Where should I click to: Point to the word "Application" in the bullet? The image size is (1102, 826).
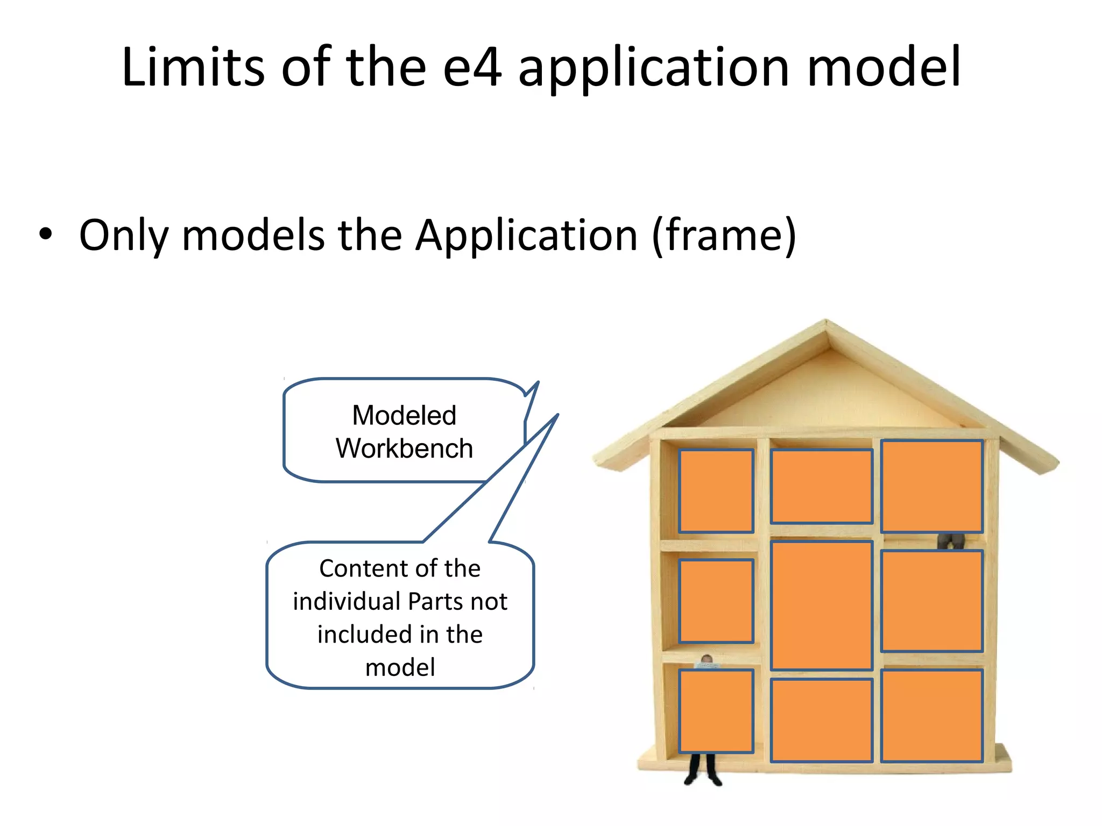526,236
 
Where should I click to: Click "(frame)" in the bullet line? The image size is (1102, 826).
724,236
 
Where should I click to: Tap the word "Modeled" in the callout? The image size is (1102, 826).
404,416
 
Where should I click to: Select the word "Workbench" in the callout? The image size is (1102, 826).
404,448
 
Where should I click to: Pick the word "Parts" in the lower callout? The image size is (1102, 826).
434,601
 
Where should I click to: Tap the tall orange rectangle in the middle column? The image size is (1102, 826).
821,606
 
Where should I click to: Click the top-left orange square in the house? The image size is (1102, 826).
716,491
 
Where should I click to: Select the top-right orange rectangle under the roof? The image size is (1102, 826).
931,486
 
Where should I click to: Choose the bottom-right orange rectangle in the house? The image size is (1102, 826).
931,715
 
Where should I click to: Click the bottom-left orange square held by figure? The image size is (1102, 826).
716,710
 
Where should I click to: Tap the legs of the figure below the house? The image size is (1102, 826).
702,770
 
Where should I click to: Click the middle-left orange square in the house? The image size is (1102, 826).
716,601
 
